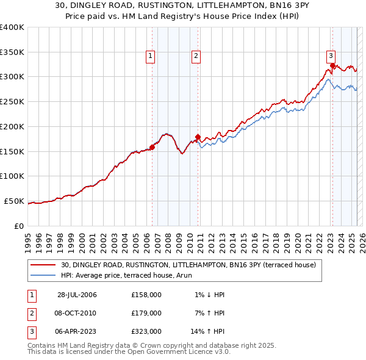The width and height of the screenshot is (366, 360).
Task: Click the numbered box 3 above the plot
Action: point(331,54)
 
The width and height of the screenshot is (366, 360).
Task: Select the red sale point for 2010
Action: point(198,137)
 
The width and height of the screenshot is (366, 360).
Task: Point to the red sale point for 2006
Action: point(152,147)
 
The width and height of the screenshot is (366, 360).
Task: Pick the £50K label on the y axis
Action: point(15,201)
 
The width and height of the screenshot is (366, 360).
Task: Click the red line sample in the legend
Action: point(43,265)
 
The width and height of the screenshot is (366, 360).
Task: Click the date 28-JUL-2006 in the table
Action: point(77,295)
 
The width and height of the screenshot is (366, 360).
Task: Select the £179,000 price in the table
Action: point(146,313)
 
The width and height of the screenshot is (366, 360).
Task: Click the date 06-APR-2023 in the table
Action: point(77,331)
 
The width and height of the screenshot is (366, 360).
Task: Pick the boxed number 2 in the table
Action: point(32,313)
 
